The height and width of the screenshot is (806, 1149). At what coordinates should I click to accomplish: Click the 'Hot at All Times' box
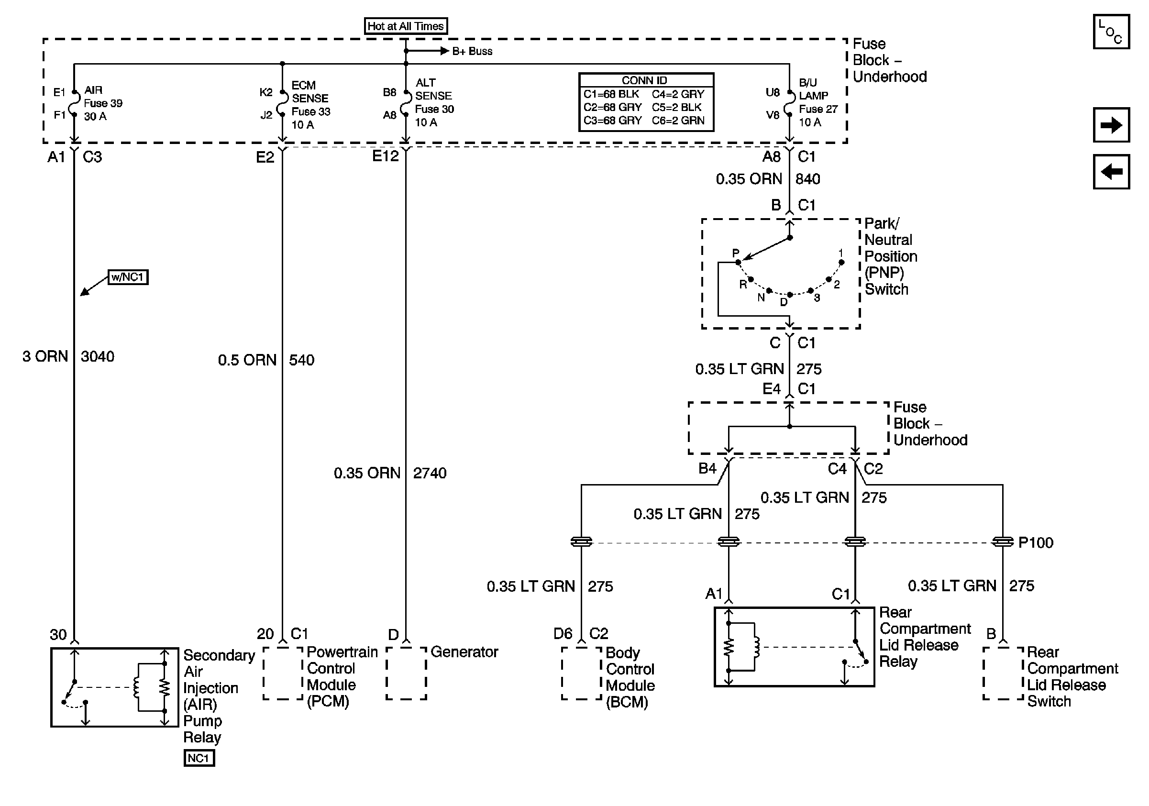pyautogui.click(x=405, y=26)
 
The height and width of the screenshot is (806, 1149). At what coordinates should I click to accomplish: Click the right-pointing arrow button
pyautogui.click(x=1110, y=125)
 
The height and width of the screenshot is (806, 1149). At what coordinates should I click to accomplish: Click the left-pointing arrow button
pyautogui.click(x=1110, y=172)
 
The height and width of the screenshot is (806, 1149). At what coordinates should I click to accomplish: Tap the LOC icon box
pyautogui.click(x=1110, y=32)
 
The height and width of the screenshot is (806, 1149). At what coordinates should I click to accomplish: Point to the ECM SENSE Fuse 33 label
pyautogui.click(x=310, y=105)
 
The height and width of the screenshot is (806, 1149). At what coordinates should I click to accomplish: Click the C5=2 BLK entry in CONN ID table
pyautogui.click(x=676, y=107)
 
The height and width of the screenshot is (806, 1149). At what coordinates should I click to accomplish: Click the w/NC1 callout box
pyautogui.click(x=128, y=277)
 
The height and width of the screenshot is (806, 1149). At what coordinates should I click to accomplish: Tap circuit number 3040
pyautogui.click(x=98, y=357)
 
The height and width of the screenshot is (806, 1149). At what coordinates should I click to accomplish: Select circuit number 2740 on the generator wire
pyautogui.click(x=430, y=473)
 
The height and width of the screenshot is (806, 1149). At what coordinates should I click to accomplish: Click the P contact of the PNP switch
pyautogui.click(x=738, y=262)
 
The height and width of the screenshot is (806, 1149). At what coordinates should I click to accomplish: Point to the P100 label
pyautogui.click(x=1036, y=542)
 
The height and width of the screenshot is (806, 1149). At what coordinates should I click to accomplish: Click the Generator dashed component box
pyautogui.click(x=406, y=673)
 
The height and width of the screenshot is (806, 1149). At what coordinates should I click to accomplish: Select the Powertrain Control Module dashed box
pyautogui.click(x=283, y=673)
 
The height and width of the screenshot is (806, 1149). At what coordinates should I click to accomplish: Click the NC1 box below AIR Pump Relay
pyautogui.click(x=199, y=758)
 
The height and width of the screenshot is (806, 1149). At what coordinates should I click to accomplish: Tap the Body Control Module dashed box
pyautogui.click(x=581, y=673)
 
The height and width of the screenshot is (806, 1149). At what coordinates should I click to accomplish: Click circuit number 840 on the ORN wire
pyautogui.click(x=808, y=179)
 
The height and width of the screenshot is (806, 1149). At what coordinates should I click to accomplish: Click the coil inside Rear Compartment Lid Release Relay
pyautogui.click(x=756, y=647)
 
